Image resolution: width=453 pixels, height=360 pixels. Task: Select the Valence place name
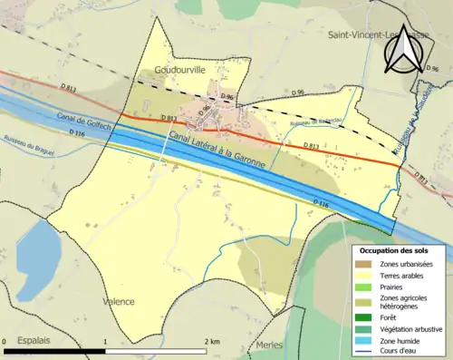[119, 301]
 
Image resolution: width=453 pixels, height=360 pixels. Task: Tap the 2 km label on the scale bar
[210, 341]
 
